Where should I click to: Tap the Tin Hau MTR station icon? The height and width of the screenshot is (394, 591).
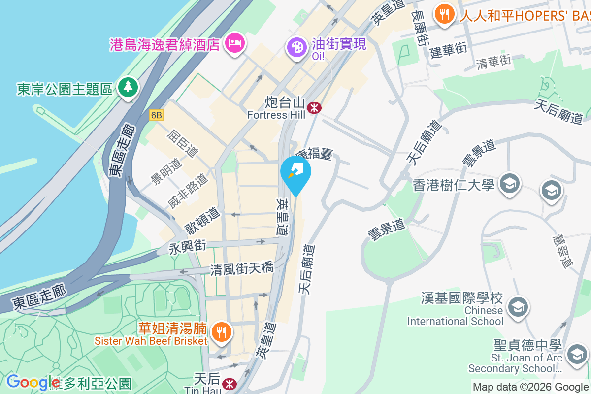[229, 383]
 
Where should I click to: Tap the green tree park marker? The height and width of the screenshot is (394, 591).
[128, 88]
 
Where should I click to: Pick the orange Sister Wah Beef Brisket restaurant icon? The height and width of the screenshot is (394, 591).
[222, 331]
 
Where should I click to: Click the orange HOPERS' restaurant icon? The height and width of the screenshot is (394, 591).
[445, 14]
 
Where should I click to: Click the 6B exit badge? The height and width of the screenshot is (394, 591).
[157, 115]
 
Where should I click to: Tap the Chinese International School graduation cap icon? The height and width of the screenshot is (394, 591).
[518, 307]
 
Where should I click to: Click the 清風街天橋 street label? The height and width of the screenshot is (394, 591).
[241, 269]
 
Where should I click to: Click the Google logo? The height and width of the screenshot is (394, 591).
[33, 382]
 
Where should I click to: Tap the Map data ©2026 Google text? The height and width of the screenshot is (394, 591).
[530, 387]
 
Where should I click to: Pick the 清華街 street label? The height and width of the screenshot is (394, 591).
[493, 62]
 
